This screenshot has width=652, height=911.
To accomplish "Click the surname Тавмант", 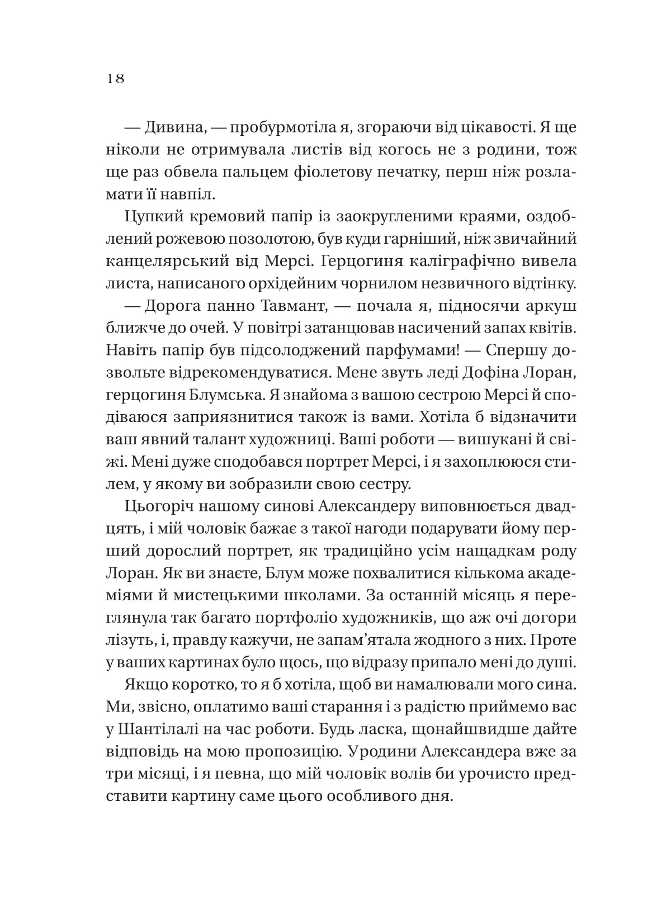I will (290, 307).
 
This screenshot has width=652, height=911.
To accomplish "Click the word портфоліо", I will (300, 619).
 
